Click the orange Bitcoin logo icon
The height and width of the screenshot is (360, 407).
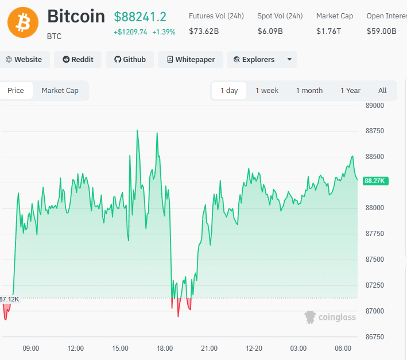coord(23,22)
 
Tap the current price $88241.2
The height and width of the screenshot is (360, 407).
coord(140,17)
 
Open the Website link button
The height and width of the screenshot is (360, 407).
coord(24,60)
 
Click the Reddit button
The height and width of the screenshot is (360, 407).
coord(77,60)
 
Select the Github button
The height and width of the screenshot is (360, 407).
coord(130,60)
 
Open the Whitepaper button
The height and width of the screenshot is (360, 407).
coord(190,60)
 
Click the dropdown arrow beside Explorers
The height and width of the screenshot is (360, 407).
coord(289,60)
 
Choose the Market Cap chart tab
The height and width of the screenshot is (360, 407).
coord(60,91)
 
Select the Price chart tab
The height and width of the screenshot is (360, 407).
coord(16,91)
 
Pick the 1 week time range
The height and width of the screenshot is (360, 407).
coord(267,91)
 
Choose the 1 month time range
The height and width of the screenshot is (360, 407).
coord(309,91)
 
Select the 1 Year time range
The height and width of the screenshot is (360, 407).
coord(350,91)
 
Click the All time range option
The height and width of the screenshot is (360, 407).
coord(382,91)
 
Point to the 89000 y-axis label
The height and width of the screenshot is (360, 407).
coord(374,106)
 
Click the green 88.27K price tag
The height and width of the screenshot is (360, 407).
coord(376,181)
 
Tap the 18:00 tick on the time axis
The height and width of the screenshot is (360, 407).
coord(165,349)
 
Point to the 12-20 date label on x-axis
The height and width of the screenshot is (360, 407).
coord(254,349)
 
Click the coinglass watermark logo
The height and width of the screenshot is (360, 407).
coord(330,317)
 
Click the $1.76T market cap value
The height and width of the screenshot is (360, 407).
coord(328,31)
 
